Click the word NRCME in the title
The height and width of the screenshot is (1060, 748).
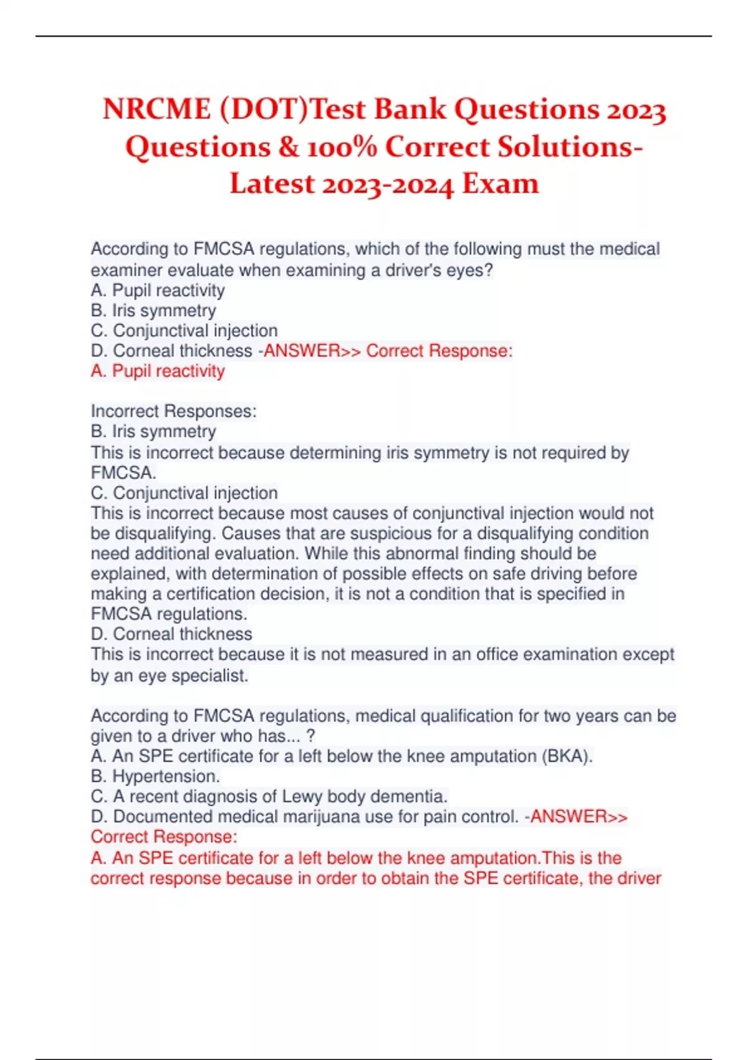pos(157,110)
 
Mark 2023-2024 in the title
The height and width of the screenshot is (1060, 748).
pos(386,185)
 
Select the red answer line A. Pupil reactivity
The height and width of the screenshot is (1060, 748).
pos(158,371)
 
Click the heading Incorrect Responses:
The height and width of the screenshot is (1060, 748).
pos(174,412)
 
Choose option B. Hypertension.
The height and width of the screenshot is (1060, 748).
pos(155,776)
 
